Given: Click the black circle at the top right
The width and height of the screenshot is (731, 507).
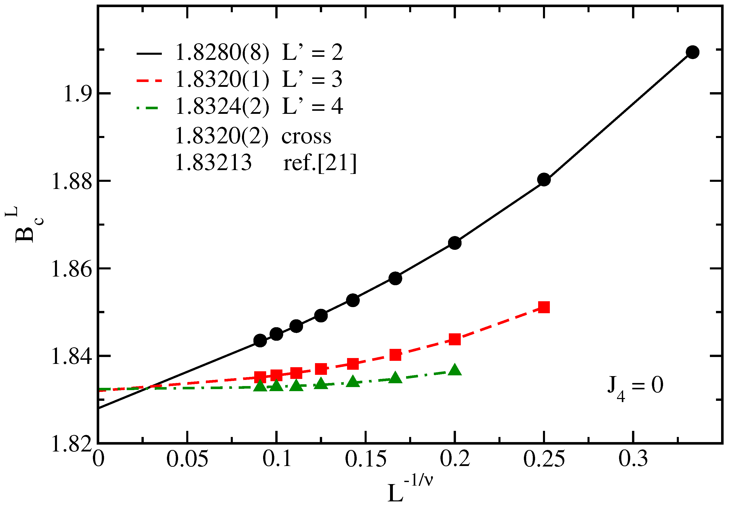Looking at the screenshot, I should (692, 52).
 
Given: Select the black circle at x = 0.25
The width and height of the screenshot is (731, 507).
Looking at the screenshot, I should (544, 180).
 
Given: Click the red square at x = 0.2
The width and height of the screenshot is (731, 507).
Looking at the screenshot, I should (455, 339).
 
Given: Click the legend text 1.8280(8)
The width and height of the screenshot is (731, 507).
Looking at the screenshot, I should (222, 52).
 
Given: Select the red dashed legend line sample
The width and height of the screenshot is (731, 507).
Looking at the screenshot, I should (149, 80).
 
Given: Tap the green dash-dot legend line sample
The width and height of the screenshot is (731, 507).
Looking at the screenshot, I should (148, 108).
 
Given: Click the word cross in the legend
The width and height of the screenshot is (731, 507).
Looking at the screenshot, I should (306, 136).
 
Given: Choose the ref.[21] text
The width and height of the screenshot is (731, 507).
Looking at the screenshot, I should (320, 163).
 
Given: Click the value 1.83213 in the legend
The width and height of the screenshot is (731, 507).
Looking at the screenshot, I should (213, 163).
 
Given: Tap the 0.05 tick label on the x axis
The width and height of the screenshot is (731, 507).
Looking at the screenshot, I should (187, 459).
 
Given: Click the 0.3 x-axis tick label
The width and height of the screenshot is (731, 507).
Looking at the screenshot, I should (633, 459).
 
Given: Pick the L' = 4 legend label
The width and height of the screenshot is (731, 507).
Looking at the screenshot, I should (312, 106).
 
